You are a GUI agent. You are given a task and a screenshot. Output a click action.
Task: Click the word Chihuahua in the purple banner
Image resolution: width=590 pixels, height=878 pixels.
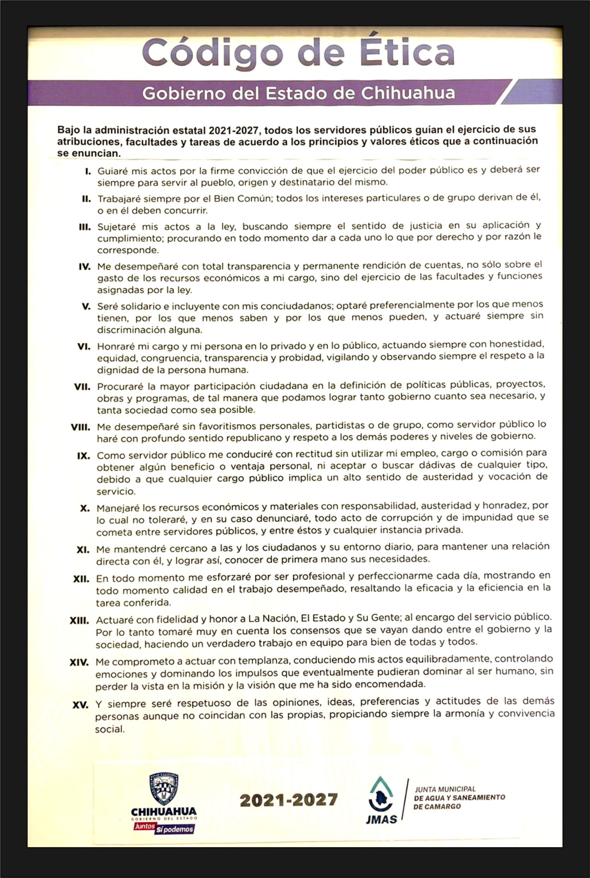[x=408, y=93]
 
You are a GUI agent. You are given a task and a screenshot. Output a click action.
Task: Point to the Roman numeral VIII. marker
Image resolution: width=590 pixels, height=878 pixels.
[x=81, y=428]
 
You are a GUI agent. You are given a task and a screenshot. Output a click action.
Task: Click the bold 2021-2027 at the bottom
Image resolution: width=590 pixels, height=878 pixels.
[x=288, y=800]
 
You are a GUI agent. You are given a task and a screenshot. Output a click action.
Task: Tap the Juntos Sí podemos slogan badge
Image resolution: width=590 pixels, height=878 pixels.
[x=164, y=828]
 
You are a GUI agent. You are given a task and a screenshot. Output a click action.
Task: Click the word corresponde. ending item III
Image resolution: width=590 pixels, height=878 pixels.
[x=128, y=250]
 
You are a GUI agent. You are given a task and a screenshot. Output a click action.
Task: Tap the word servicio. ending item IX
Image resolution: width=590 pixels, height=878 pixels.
[x=116, y=491]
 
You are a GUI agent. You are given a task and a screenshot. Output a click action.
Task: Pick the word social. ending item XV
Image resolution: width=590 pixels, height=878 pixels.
[x=109, y=729]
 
